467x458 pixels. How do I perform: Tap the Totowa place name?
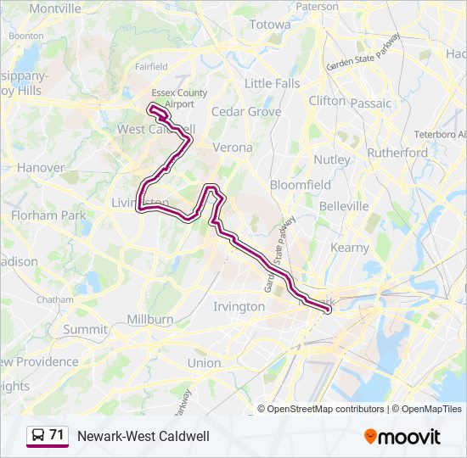coord(269,25)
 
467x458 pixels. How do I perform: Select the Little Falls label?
coord(272,83)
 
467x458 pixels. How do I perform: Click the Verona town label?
coord(233,147)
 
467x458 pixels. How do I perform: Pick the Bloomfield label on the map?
coord(301,184)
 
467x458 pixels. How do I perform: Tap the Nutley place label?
coord(331,159)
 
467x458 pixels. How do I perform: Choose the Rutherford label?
coord(397,153)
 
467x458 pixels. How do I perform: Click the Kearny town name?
coord(350,248)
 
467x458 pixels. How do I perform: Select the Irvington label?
coord(239,306)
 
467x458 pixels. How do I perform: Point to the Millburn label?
coord(150,320)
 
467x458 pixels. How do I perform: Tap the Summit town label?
coord(86,329)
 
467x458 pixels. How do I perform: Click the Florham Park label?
coord(48,215)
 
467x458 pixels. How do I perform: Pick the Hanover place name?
coord(40,168)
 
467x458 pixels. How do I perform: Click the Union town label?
coord(204,362)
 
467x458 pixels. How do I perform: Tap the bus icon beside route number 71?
coord(38,435)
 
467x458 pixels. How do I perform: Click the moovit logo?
coord(402,436)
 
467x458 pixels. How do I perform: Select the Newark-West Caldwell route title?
coord(143,436)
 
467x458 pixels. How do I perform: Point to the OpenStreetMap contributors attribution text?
coord(325,409)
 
